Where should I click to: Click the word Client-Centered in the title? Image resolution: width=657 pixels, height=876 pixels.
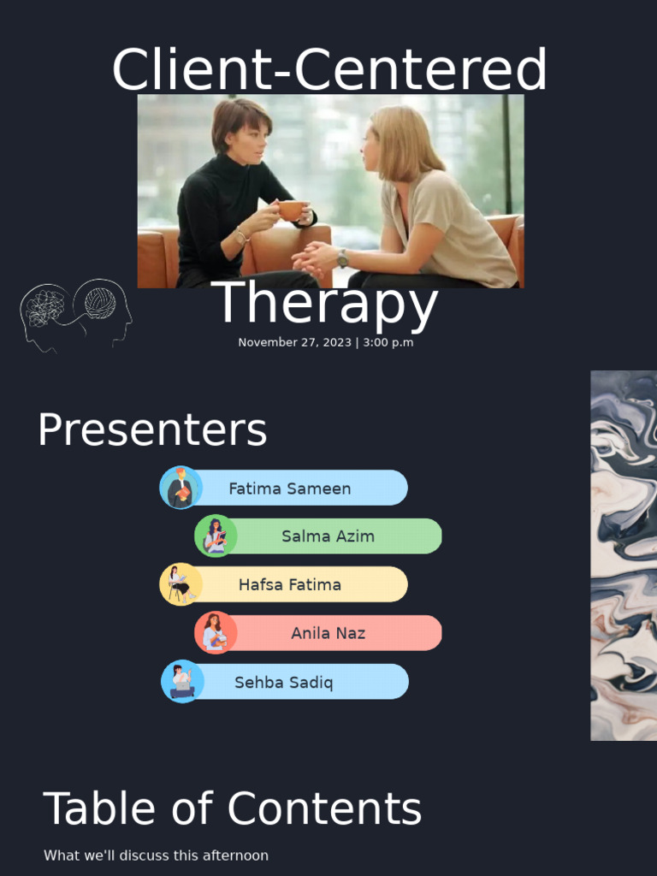point(328,70)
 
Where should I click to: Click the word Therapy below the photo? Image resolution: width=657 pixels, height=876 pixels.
point(325,304)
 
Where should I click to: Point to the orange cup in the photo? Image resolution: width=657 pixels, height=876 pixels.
point(291,210)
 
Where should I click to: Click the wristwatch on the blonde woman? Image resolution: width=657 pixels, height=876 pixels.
point(343,257)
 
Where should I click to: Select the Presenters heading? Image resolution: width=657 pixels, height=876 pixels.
point(152,429)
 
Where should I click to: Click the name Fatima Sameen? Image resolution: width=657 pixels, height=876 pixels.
point(289,488)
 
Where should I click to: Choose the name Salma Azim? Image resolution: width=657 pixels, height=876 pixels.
point(328,536)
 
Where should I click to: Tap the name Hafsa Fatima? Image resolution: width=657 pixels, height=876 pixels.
point(289,585)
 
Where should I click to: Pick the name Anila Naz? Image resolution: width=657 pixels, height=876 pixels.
point(328,633)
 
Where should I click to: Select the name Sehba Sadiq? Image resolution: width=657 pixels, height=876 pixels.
point(283,683)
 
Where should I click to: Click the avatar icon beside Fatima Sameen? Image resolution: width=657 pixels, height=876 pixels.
point(181,488)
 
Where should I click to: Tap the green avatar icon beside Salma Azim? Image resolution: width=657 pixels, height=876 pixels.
point(216,536)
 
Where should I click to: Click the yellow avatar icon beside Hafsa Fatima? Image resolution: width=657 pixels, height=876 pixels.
point(181,584)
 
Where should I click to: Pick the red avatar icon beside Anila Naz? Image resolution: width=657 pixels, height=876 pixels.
point(216,633)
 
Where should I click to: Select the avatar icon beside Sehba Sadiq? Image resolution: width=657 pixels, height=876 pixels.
point(182,682)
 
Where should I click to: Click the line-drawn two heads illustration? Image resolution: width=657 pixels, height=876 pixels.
point(76,315)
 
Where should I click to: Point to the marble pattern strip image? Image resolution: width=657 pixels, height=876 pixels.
point(623,555)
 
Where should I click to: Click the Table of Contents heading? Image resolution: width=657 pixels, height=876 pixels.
point(232,808)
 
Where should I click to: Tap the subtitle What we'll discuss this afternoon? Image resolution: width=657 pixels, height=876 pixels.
point(156,855)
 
